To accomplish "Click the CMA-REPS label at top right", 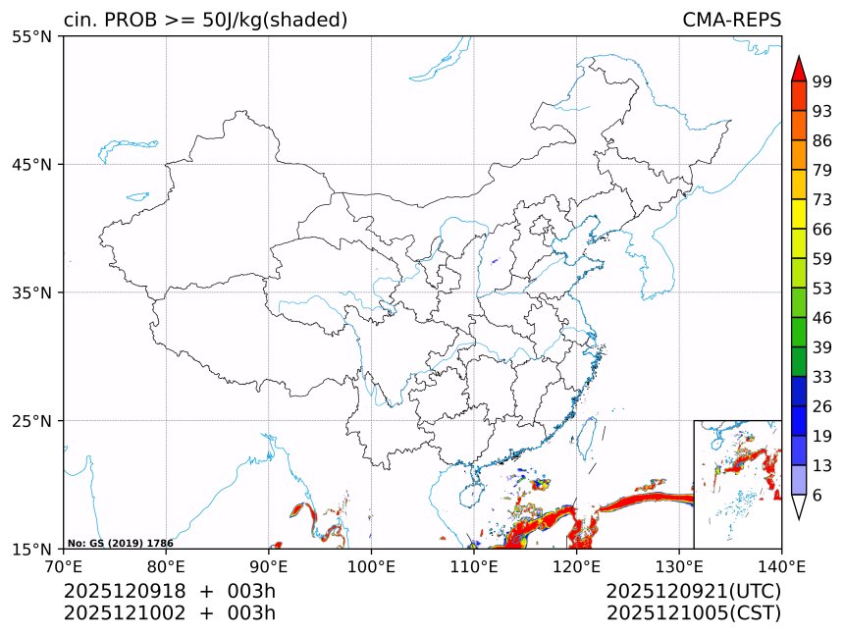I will [x=731, y=21].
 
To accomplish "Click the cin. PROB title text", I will [x=205, y=21].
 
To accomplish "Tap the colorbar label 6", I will [x=818, y=496].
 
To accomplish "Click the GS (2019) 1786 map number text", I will [x=120, y=543].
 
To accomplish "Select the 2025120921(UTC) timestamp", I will [x=693, y=591].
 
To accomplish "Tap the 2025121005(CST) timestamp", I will [x=693, y=613].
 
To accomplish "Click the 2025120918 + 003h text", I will [x=170, y=591].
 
